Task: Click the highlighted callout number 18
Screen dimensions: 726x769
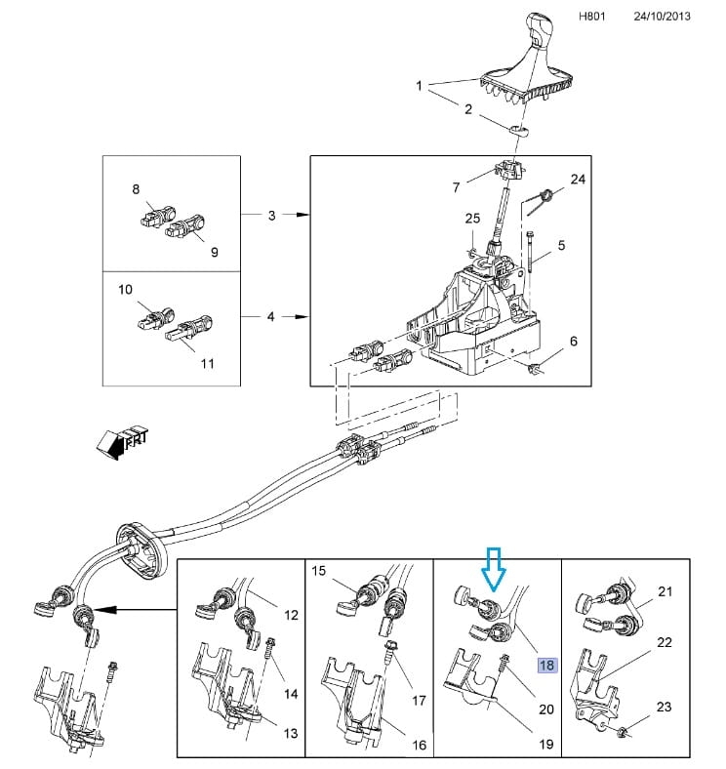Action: tap(546, 665)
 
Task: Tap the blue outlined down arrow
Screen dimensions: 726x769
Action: tap(494, 569)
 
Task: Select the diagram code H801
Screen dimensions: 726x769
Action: tap(592, 17)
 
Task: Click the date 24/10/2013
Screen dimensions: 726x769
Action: tap(662, 17)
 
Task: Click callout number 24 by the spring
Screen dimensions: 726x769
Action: tap(578, 180)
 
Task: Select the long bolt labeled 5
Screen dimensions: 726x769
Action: tap(531, 253)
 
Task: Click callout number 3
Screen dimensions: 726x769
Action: tap(271, 216)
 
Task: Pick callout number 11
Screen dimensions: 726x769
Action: tap(207, 363)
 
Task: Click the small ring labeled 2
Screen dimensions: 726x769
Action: tap(519, 130)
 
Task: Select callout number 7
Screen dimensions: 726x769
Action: tap(457, 187)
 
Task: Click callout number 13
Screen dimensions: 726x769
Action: tap(291, 733)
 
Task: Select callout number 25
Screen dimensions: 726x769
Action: tap(472, 219)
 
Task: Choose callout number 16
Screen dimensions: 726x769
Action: tap(419, 745)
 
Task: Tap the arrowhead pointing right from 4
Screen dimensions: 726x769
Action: tap(303, 317)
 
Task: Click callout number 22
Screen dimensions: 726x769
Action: tap(665, 642)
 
